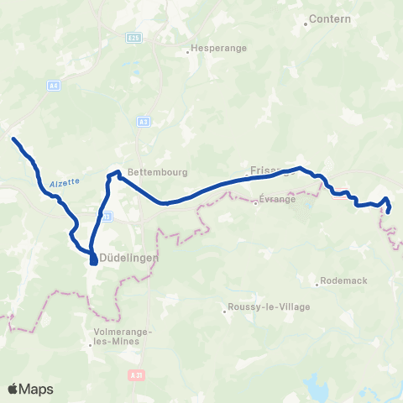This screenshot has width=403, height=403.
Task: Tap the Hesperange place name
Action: (x=219, y=49)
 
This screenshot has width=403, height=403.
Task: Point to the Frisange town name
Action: (x=269, y=169)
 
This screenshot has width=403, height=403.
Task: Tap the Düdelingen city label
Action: (x=128, y=258)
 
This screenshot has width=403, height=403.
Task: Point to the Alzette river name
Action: (x=64, y=181)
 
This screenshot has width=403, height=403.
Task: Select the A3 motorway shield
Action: (x=144, y=121)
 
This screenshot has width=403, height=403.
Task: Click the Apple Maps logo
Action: (x=30, y=389)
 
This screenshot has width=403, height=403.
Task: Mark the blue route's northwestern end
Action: (x=13, y=139)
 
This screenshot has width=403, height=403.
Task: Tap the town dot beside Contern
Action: (x=306, y=24)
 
